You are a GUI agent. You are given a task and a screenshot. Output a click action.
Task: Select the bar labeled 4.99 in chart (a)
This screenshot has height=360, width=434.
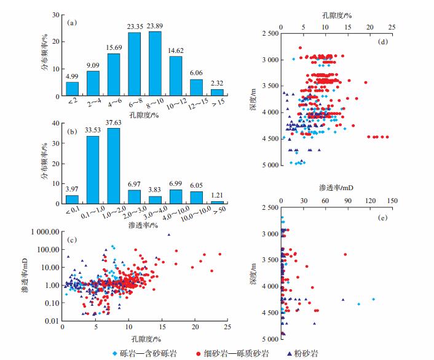pyautogui.click(x=73, y=89)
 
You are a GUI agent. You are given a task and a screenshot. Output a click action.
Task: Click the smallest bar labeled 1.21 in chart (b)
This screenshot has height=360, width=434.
pyautogui.click(x=216, y=202)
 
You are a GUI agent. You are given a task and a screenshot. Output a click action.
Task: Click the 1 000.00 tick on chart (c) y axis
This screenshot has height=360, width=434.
pyautogui.click(x=42, y=232)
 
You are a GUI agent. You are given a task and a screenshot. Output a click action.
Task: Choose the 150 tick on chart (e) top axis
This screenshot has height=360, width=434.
pyautogui.click(x=393, y=201)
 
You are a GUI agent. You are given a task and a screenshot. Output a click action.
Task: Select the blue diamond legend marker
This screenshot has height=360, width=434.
pyautogui.click(x=116, y=354)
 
